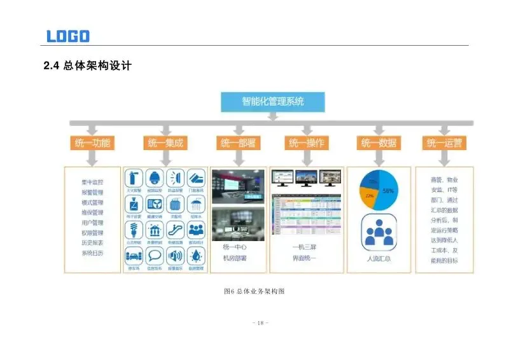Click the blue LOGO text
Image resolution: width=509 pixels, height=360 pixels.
pyautogui.click(x=68, y=36)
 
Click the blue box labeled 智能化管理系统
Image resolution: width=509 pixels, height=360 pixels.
pyautogui.click(x=273, y=101)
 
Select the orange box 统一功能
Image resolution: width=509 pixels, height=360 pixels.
pyautogui.click(x=92, y=143)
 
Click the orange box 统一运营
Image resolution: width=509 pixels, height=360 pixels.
pyautogui.click(x=444, y=143)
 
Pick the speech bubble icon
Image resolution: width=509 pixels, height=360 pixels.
pyautogui.click(x=155, y=256)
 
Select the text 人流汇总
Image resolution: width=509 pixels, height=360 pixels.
pyautogui.click(x=379, y=260)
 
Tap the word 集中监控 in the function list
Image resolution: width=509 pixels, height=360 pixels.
pyautogui.click(x=92, y=181)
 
